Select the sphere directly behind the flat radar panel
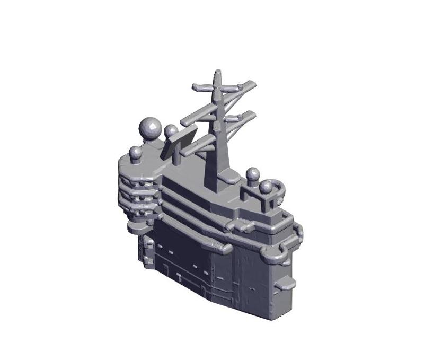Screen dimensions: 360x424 (x=171, y=131)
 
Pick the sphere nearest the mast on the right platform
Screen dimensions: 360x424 (x=253, y=174)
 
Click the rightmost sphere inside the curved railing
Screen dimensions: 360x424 (x=266, y=187)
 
